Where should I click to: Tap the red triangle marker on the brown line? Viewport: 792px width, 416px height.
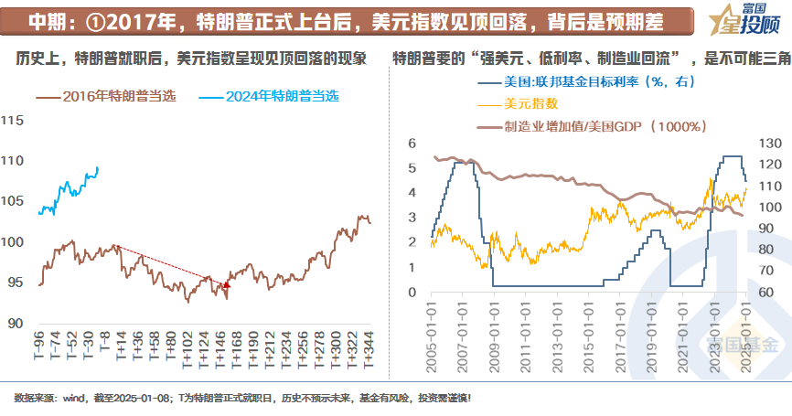point(226,285)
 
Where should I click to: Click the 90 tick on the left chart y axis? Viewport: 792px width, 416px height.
point(16,323)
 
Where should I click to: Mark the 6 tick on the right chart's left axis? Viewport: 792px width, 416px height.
point(412,144)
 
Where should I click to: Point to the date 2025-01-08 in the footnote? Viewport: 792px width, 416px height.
point(141,398)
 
